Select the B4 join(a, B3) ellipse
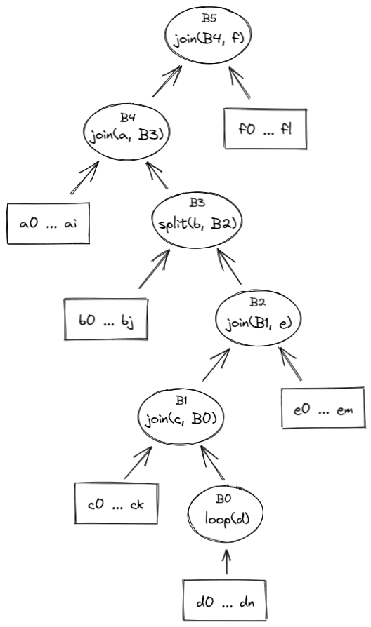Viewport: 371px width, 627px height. (x=127, y=130)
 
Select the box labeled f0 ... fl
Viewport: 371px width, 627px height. (x=266, y=129)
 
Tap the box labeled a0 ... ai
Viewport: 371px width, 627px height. (x=48, y=224)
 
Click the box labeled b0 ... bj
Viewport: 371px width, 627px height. (x=106, y=320)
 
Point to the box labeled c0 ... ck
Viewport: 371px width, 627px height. (x=117, y=503)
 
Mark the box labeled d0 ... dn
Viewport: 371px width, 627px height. (x=225, y=600)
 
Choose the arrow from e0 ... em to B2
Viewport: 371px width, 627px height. (x=291, y=363)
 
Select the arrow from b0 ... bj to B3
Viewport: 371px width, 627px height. (x=156, y=270)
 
